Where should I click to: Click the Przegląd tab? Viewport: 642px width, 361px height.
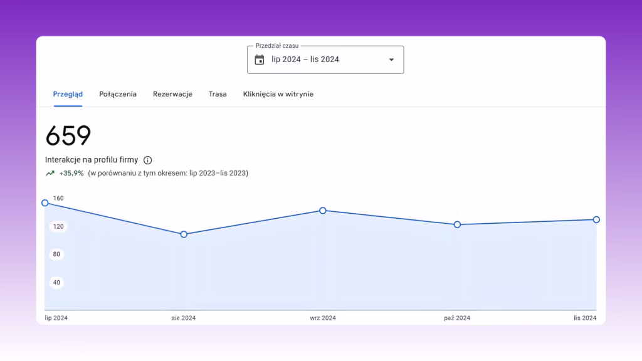(68, 94)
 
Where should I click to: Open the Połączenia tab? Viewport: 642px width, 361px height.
(118, 94)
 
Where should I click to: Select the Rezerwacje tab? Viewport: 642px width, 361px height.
(172, 94)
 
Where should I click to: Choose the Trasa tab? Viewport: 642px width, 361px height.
(218, 94)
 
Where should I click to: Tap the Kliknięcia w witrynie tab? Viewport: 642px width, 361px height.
(278, 94)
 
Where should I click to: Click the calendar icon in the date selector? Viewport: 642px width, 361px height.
(259, 60)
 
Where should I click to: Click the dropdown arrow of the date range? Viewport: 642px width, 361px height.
(391, 60)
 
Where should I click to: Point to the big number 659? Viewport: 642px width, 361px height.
(68, 135)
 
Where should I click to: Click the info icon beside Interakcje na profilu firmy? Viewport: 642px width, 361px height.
(148, 160)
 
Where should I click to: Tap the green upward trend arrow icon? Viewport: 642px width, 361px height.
(50, 173)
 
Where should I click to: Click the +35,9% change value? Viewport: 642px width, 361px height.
(71, 173)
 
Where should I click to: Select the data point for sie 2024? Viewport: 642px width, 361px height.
(184, 234)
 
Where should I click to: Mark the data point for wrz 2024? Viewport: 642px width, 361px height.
(323, 211)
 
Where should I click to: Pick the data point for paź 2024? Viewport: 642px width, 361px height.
(457, 224)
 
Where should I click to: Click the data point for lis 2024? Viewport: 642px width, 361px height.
(596, 220)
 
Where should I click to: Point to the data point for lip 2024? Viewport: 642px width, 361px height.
(45, 203)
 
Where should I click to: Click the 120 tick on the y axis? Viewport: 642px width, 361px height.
(58, 226)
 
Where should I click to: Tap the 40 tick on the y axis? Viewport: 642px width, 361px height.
(56, 283)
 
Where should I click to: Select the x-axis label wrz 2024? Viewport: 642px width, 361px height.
(323, 318)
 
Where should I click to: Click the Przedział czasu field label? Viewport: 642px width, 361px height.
(276, 46)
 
